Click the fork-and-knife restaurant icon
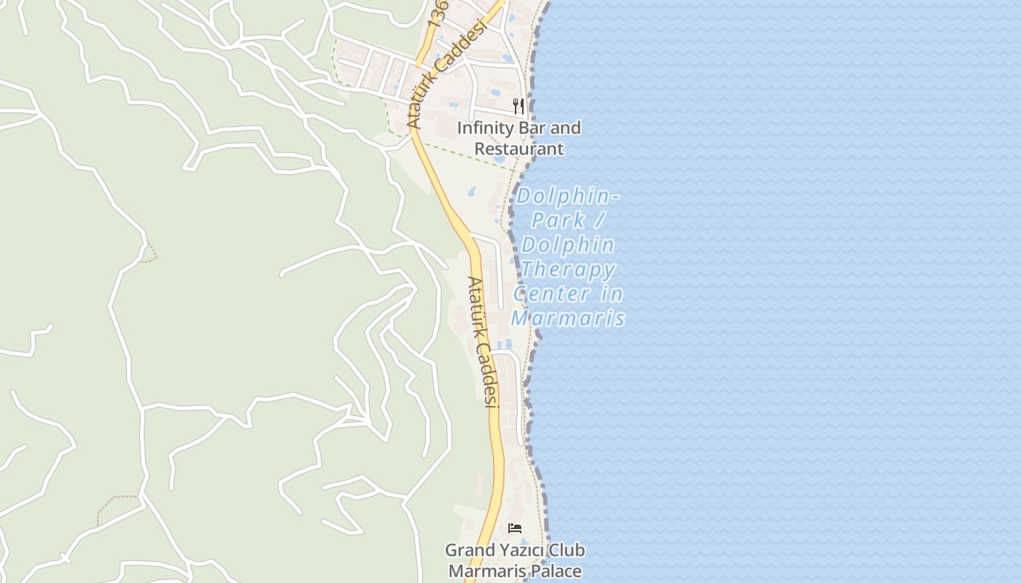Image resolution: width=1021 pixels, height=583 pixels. (519, 106)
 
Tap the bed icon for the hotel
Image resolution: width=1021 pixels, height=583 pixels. (515, 528)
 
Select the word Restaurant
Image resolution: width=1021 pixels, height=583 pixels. (519, 149)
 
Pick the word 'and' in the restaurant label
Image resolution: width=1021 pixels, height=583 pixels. (566, 128)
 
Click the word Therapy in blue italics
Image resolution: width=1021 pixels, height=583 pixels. (568, 270)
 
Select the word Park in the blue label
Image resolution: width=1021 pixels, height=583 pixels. (558, 220)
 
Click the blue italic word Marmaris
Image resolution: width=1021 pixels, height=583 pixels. (569, 318)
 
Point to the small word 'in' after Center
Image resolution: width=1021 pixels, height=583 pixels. (613, 294)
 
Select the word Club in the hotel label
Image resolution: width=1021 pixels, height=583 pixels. (567, 550)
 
